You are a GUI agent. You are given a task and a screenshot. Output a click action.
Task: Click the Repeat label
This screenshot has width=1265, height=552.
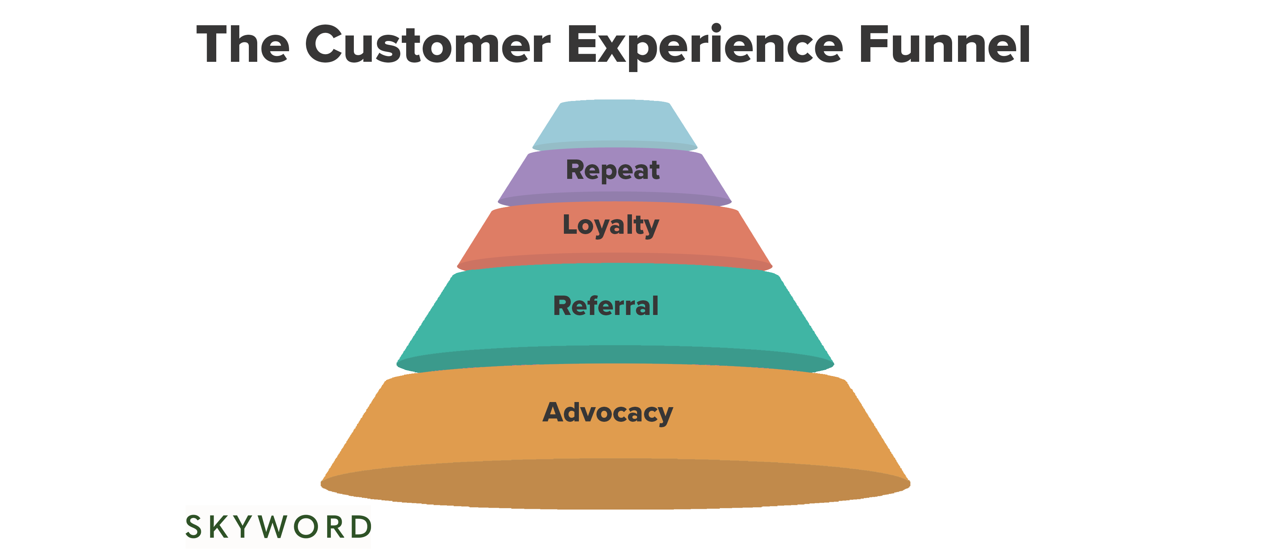(x=612, y=170)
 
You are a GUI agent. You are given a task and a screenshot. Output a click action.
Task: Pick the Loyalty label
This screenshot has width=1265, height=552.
(x=610, y=225)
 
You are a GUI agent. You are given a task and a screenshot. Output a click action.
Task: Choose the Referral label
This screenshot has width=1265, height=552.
(x=606, y=305)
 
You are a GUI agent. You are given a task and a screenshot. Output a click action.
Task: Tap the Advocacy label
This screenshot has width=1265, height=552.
(x=607, y=413)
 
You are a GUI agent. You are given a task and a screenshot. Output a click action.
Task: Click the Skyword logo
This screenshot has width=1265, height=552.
(x=278, y=527)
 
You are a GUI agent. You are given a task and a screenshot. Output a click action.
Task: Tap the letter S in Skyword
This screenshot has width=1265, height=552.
(x=194, y=527)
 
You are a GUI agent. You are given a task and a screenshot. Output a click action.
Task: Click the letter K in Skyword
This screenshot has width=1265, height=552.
(x=219, y=527)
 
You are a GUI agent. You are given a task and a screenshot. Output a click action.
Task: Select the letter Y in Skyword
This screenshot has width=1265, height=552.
(x=244, y=527)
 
